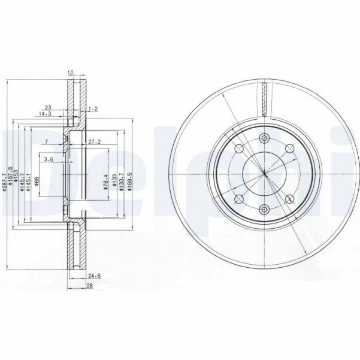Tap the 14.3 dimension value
pos(45,113)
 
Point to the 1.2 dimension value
pos(92,109)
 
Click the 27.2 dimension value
pos(94,142)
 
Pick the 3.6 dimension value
pos(49,159)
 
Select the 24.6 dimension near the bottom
pos(92,276)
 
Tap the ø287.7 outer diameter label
pos(5,179)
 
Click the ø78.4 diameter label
pos(104,179)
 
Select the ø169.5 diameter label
pos(129,179)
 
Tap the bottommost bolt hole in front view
pos(264,209)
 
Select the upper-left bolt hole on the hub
pos(239,150)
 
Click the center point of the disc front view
pos(264,174)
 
